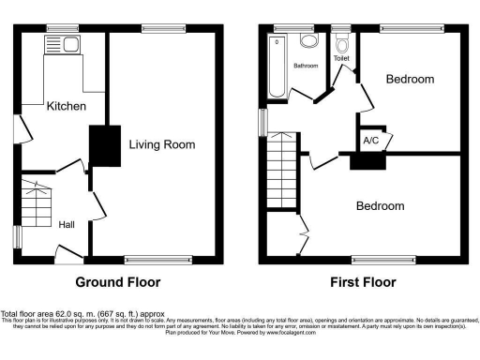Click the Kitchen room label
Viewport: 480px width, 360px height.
(67, 107)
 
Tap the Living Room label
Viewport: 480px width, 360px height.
(161, 144)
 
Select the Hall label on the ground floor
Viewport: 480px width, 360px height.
(67, 224)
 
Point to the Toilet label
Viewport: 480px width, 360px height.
(342, 58)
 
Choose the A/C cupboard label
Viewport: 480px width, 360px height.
(370, 142)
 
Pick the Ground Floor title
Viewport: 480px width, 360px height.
(117, 281)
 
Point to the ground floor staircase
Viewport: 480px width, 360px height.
(37, 202)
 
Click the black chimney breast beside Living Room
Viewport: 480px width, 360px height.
(100, 145)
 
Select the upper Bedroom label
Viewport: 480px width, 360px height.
(410, 80)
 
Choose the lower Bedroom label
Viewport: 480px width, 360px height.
(380, 206)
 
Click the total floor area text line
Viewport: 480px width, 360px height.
(82, 313)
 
